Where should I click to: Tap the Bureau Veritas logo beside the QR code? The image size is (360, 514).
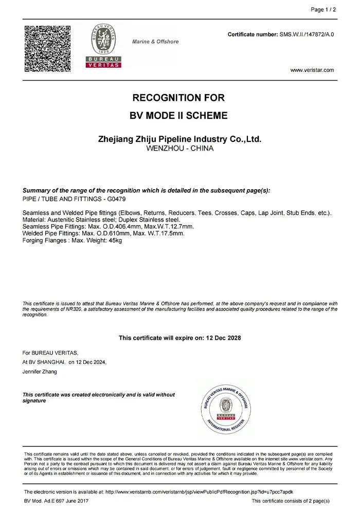coord(102,46)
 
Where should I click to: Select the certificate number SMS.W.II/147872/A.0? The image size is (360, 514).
coord(307,34)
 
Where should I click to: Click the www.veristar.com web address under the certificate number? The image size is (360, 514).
coord(312,70)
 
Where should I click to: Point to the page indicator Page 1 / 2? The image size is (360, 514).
coord(323,9)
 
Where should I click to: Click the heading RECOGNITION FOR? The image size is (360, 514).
coord(179,98)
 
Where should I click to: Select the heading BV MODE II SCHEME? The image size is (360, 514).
coord(179,116)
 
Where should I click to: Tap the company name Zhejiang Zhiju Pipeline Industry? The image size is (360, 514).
coord(179,139)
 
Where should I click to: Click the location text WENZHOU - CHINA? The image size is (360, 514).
coord(179,148)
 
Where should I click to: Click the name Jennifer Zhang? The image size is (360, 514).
coord(40,372)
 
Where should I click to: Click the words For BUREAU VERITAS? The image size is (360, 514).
coord(50,353)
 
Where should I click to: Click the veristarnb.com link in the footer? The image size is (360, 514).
coord(195,492)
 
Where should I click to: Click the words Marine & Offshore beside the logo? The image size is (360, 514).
coord(155,42)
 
